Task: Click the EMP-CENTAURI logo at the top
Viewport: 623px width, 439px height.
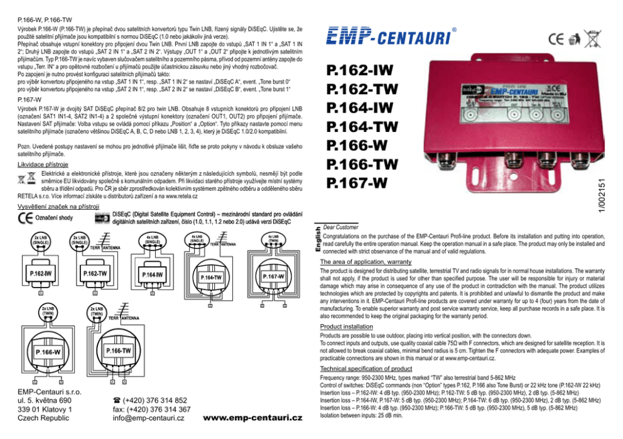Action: coord(389,36)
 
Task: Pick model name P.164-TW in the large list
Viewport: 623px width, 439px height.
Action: coord(362,127)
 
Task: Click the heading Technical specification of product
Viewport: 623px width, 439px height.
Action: coord(366,369)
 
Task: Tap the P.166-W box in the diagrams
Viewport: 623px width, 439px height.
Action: coord(48,352)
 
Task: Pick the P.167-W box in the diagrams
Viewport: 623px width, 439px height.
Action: coord(273,276)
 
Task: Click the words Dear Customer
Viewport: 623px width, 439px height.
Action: coord(339,227)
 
